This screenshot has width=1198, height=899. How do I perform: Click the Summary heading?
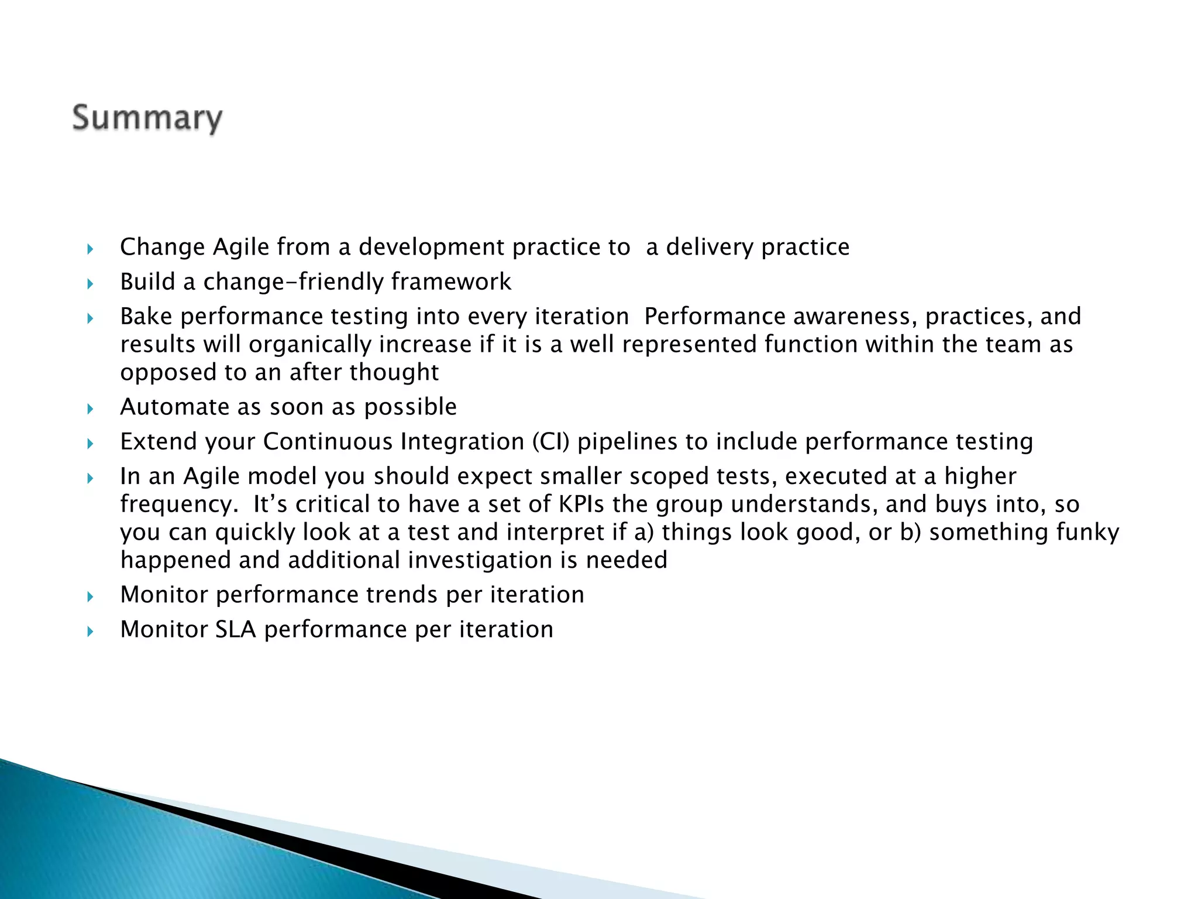tap(147, 118)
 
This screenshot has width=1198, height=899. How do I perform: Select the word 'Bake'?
tap(146, 317)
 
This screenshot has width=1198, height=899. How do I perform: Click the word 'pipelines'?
tap(627, 442)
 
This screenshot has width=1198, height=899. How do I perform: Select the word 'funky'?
tap(1087, 532)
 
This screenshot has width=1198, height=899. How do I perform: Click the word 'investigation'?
tap(480, 560)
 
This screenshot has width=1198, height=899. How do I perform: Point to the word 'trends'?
tap(402, 595)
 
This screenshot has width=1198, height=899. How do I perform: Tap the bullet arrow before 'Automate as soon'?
tap(90, 409)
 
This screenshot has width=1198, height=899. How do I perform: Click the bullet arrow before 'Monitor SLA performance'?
tap(90, 631)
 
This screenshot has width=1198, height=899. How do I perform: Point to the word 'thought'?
tap(394, 372)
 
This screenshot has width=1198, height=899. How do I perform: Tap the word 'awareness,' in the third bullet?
tap(855, 317)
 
